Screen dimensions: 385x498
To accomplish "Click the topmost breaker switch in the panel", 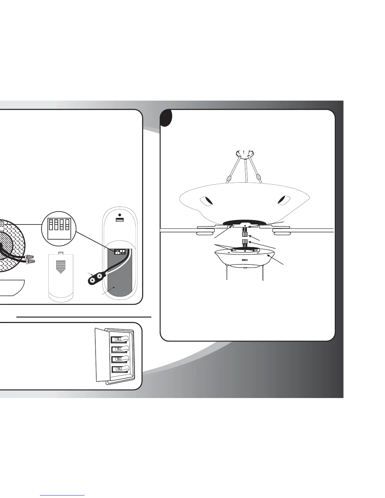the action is (119, 339).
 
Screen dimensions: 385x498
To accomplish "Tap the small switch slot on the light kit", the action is (245, 260).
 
